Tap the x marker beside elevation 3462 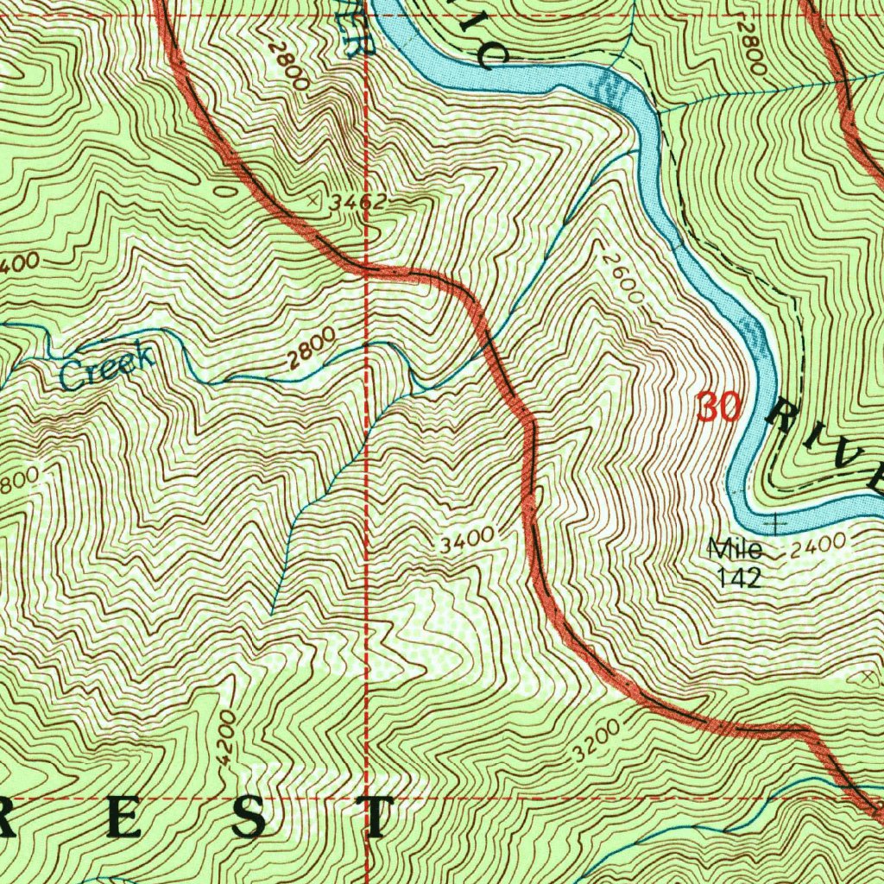313,199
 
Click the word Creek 108,367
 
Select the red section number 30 718,407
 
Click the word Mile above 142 735,547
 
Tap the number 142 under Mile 740,577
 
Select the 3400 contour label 466,542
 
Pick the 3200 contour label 596,741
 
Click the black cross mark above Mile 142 777,523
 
